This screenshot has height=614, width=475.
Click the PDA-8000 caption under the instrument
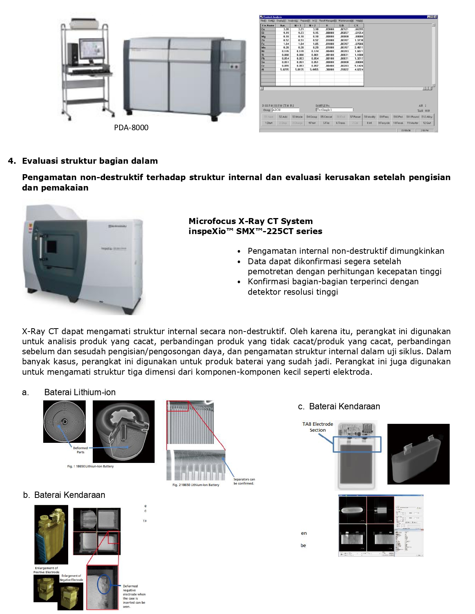131,128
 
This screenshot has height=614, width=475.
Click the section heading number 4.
12,161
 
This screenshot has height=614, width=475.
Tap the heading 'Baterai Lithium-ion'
80,392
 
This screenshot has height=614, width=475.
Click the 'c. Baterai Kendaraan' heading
339,406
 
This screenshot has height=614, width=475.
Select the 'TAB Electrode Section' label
317,427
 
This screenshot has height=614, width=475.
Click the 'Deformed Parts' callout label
80,450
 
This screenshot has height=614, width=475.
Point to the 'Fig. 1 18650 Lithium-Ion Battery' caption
90,466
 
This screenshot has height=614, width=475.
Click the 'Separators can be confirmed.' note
244,481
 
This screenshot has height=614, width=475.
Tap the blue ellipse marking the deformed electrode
104,585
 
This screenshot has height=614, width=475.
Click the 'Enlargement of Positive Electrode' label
47,570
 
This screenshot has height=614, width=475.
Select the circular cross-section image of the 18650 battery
64,422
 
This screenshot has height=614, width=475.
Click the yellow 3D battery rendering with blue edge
51,534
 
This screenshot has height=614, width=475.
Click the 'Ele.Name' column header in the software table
268,25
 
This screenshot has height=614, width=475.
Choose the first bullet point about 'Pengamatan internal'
346,251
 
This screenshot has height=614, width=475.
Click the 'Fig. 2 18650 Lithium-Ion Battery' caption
196,485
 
